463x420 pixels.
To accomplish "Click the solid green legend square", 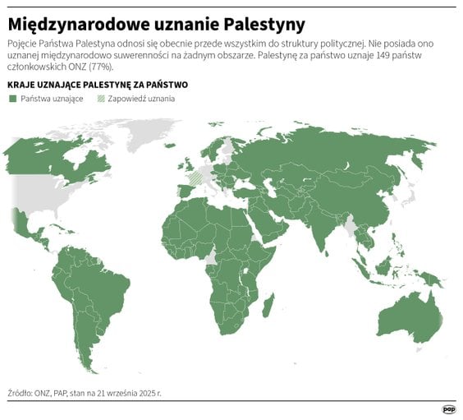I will tap(12, 99).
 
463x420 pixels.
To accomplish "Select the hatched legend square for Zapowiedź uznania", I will tap(101, 99).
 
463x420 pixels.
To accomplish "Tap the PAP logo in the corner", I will tap(448, 408).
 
